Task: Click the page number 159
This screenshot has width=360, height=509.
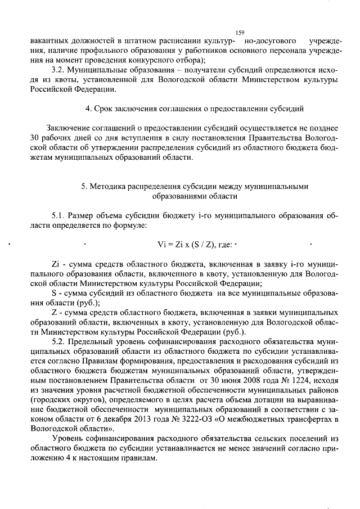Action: click(240, 33)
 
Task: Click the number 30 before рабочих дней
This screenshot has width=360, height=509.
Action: click(35, 138)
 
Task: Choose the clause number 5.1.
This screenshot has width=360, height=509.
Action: click(58, 216)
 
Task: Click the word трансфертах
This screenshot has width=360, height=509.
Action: click(302, 416)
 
